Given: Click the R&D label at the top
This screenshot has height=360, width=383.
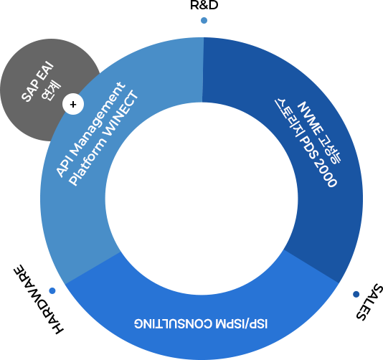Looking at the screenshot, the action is tap(204, 5).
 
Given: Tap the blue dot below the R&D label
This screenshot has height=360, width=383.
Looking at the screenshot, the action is tap(204, 21).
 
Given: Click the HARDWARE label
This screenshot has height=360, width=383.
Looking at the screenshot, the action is tap(38, 299).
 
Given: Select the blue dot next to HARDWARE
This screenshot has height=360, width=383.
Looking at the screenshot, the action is tap(52, 290).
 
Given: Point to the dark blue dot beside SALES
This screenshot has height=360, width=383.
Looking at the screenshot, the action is tap(356, 294).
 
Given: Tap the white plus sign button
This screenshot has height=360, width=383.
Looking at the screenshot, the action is tap(73, 104).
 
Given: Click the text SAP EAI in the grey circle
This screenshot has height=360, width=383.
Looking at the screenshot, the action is tap(37, 82).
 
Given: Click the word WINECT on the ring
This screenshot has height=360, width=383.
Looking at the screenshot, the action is tap(120, 113).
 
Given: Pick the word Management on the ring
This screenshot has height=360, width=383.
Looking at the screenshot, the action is tap(99, 115).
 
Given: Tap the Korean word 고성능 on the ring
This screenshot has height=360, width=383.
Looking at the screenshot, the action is tap(330, 150).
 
